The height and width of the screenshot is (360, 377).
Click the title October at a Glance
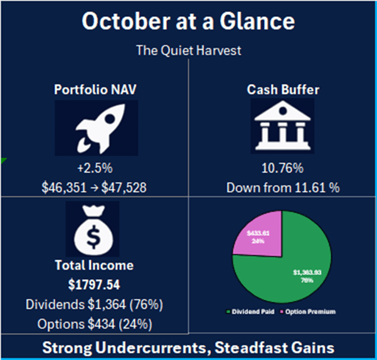pyautogui.click(x=188, y=22)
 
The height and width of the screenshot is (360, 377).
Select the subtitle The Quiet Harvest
pyautogui.click(x=188, y=50)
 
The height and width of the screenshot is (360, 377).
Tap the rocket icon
pyautogui.click(x=95, y=127)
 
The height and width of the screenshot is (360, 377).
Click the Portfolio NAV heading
pyautogui.click(x=95, y=90)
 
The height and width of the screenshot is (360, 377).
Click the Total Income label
pyautogui.click(x=95, y=266)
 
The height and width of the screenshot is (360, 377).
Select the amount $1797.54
pyautogui.click(x=95, y=285)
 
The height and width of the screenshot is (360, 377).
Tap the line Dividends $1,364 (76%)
pyautogui.click(x=95, y=305)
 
